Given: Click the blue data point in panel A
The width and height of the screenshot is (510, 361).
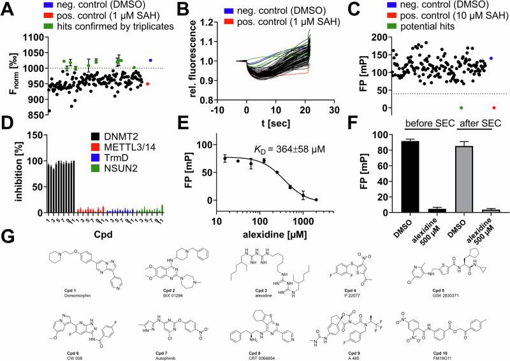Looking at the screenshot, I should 150,60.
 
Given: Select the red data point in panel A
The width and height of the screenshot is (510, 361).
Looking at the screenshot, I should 148,83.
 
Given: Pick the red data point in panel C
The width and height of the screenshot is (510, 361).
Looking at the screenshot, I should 493,108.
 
